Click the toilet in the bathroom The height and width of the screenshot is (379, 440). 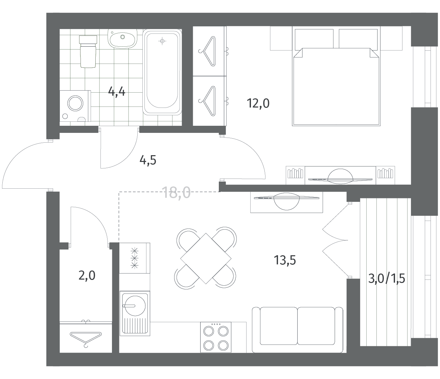pyautogui.click(x=88, y=52)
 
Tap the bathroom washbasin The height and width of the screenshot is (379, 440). pyautogui.click(x=122, y=39)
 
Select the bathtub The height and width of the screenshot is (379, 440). pyautogui.click(x=162, y=72)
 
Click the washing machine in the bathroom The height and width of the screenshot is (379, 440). pyautogui.click(x=75, y=106)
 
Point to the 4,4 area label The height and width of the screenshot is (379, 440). pyautogui.click(x=117, y=92)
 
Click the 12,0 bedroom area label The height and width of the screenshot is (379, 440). pyautogui.click(x=258, y=103)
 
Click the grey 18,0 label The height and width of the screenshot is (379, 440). pyautogui.click(x=176, y=192)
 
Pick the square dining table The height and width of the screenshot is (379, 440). pyautogui.click(x=206, y=258)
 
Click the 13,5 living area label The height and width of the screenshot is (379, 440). pyautogui.click(x=285, y=260)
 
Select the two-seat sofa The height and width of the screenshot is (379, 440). pyautogui.click(x=297, y=330)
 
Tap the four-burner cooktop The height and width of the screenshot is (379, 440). pyautogui.click(x=216, y=337)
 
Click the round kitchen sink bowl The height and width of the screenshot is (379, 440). pyautogui.click(x=135, y=306)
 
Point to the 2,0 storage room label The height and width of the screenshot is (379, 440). pyautogui.click(x=87, y=276)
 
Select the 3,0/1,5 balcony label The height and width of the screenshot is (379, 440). pyautogui.click(x=387, y=279)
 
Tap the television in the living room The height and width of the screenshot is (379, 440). pyautogui.click(x=286, y=201)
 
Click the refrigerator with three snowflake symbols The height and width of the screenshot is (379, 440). pyautogui.click(x=135, y=258)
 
